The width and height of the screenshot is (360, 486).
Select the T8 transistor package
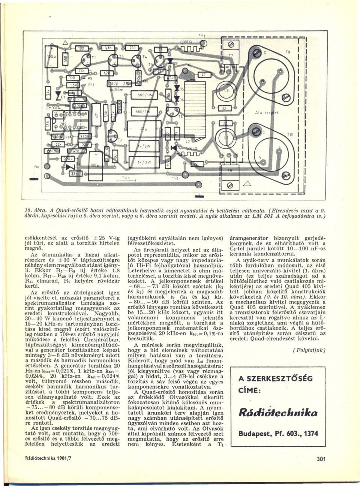(x=230, y=170)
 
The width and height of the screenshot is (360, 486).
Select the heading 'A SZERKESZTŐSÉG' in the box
(x=275, y=378)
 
